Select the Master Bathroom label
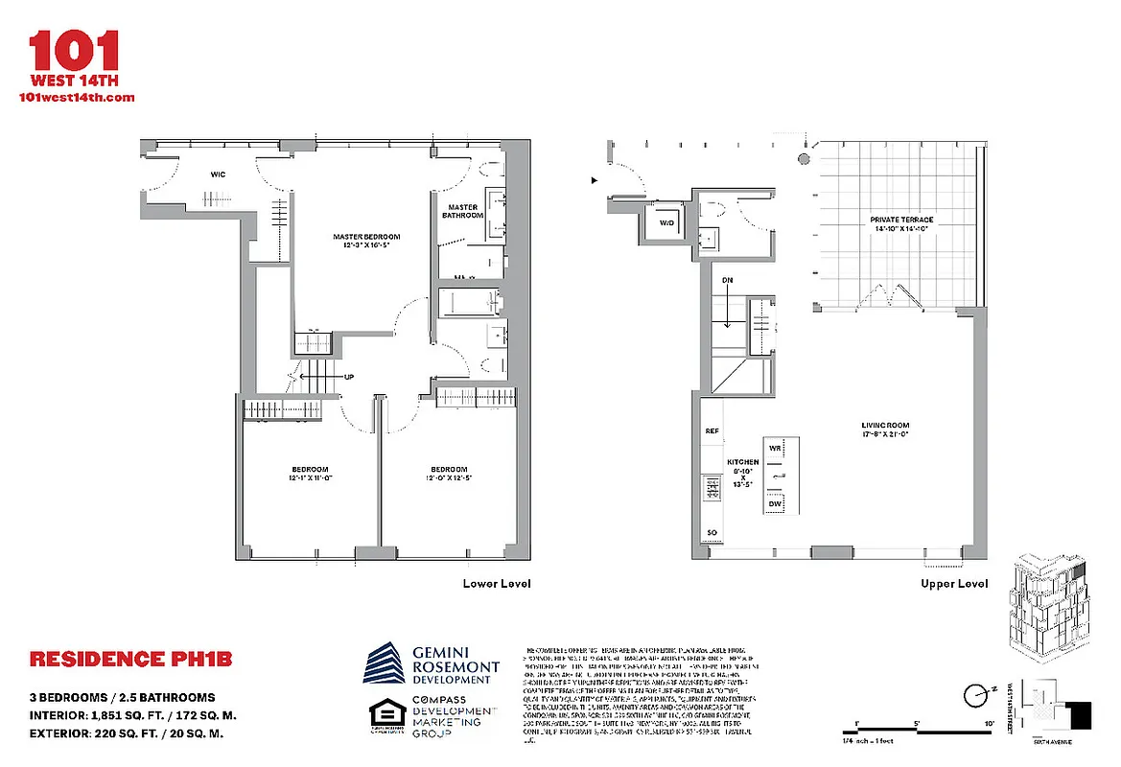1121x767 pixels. pyautogui.click(x=462, y=211)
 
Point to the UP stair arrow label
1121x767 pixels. pyautogui.click(x=349, y=377)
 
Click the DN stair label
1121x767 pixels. pyautogui.click(x=727, y=280)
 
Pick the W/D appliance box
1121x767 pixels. pyautogui.click(x=666, y=223)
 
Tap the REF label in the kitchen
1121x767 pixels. pyautogui.click(x=712, y=431)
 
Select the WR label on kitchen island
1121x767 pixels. pyautogui.click(x=776, y=448)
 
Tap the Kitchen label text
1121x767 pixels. pyautogui.click(x=742, y=462)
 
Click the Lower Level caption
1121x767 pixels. pyautogui.click(x=496, y=583)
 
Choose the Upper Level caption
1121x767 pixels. pyautogui.click(x=953, y=583)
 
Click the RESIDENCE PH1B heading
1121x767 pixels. pyautogui.click(x=130, y=660)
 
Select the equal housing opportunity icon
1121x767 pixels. pyautogui.click(x=384, y=718)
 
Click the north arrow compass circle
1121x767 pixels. pyautogui.click(x=975, y=694)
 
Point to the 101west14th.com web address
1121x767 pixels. pyautogui.click(x=77, y=97)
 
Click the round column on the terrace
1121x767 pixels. pyautogui.click(x=804, y=158)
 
